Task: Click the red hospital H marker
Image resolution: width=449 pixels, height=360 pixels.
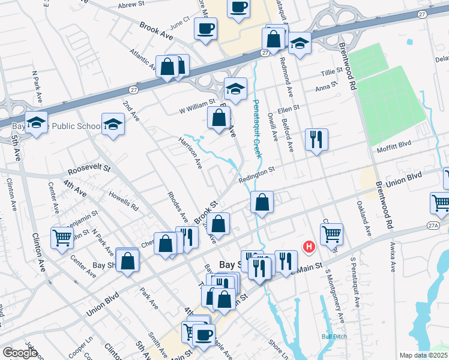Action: click(x=309, y=247)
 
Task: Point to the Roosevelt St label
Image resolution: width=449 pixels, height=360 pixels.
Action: click(x=89, y=170)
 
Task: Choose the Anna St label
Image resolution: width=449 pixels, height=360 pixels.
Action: click(x=323, y=88)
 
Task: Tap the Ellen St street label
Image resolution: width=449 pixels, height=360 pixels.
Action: click(x=288, y=109)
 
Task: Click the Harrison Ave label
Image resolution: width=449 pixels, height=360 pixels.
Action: click(x=190, y=152)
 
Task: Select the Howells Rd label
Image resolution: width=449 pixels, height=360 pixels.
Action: click(x=124, y=199)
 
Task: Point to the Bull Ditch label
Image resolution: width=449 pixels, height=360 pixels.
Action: click(x=334, y=336)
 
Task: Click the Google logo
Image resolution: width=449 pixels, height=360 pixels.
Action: click(x=20, y=353)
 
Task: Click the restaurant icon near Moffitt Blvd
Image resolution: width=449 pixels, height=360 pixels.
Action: click(x=315, y=140)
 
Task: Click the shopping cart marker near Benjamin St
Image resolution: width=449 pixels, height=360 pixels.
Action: click(x=62, y=239)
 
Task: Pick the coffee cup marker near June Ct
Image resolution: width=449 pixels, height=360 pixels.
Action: click(x=205, y=28)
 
